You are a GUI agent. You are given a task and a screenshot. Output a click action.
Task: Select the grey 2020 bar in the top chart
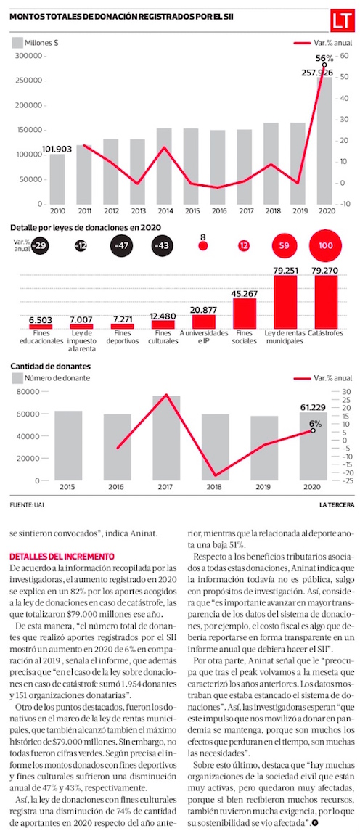tap(324, 139)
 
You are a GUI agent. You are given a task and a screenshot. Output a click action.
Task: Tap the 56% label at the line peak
tap(324, 58)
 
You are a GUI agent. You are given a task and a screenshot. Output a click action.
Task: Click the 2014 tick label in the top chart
tap(164, 210)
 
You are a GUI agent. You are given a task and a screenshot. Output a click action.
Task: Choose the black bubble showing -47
tap(121, 245)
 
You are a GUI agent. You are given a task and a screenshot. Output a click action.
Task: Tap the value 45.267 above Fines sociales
tap(244, 292)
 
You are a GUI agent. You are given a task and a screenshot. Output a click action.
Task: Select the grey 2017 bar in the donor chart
tap(165, 438)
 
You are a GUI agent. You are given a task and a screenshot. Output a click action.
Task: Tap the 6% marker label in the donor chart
tap(314, 422)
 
